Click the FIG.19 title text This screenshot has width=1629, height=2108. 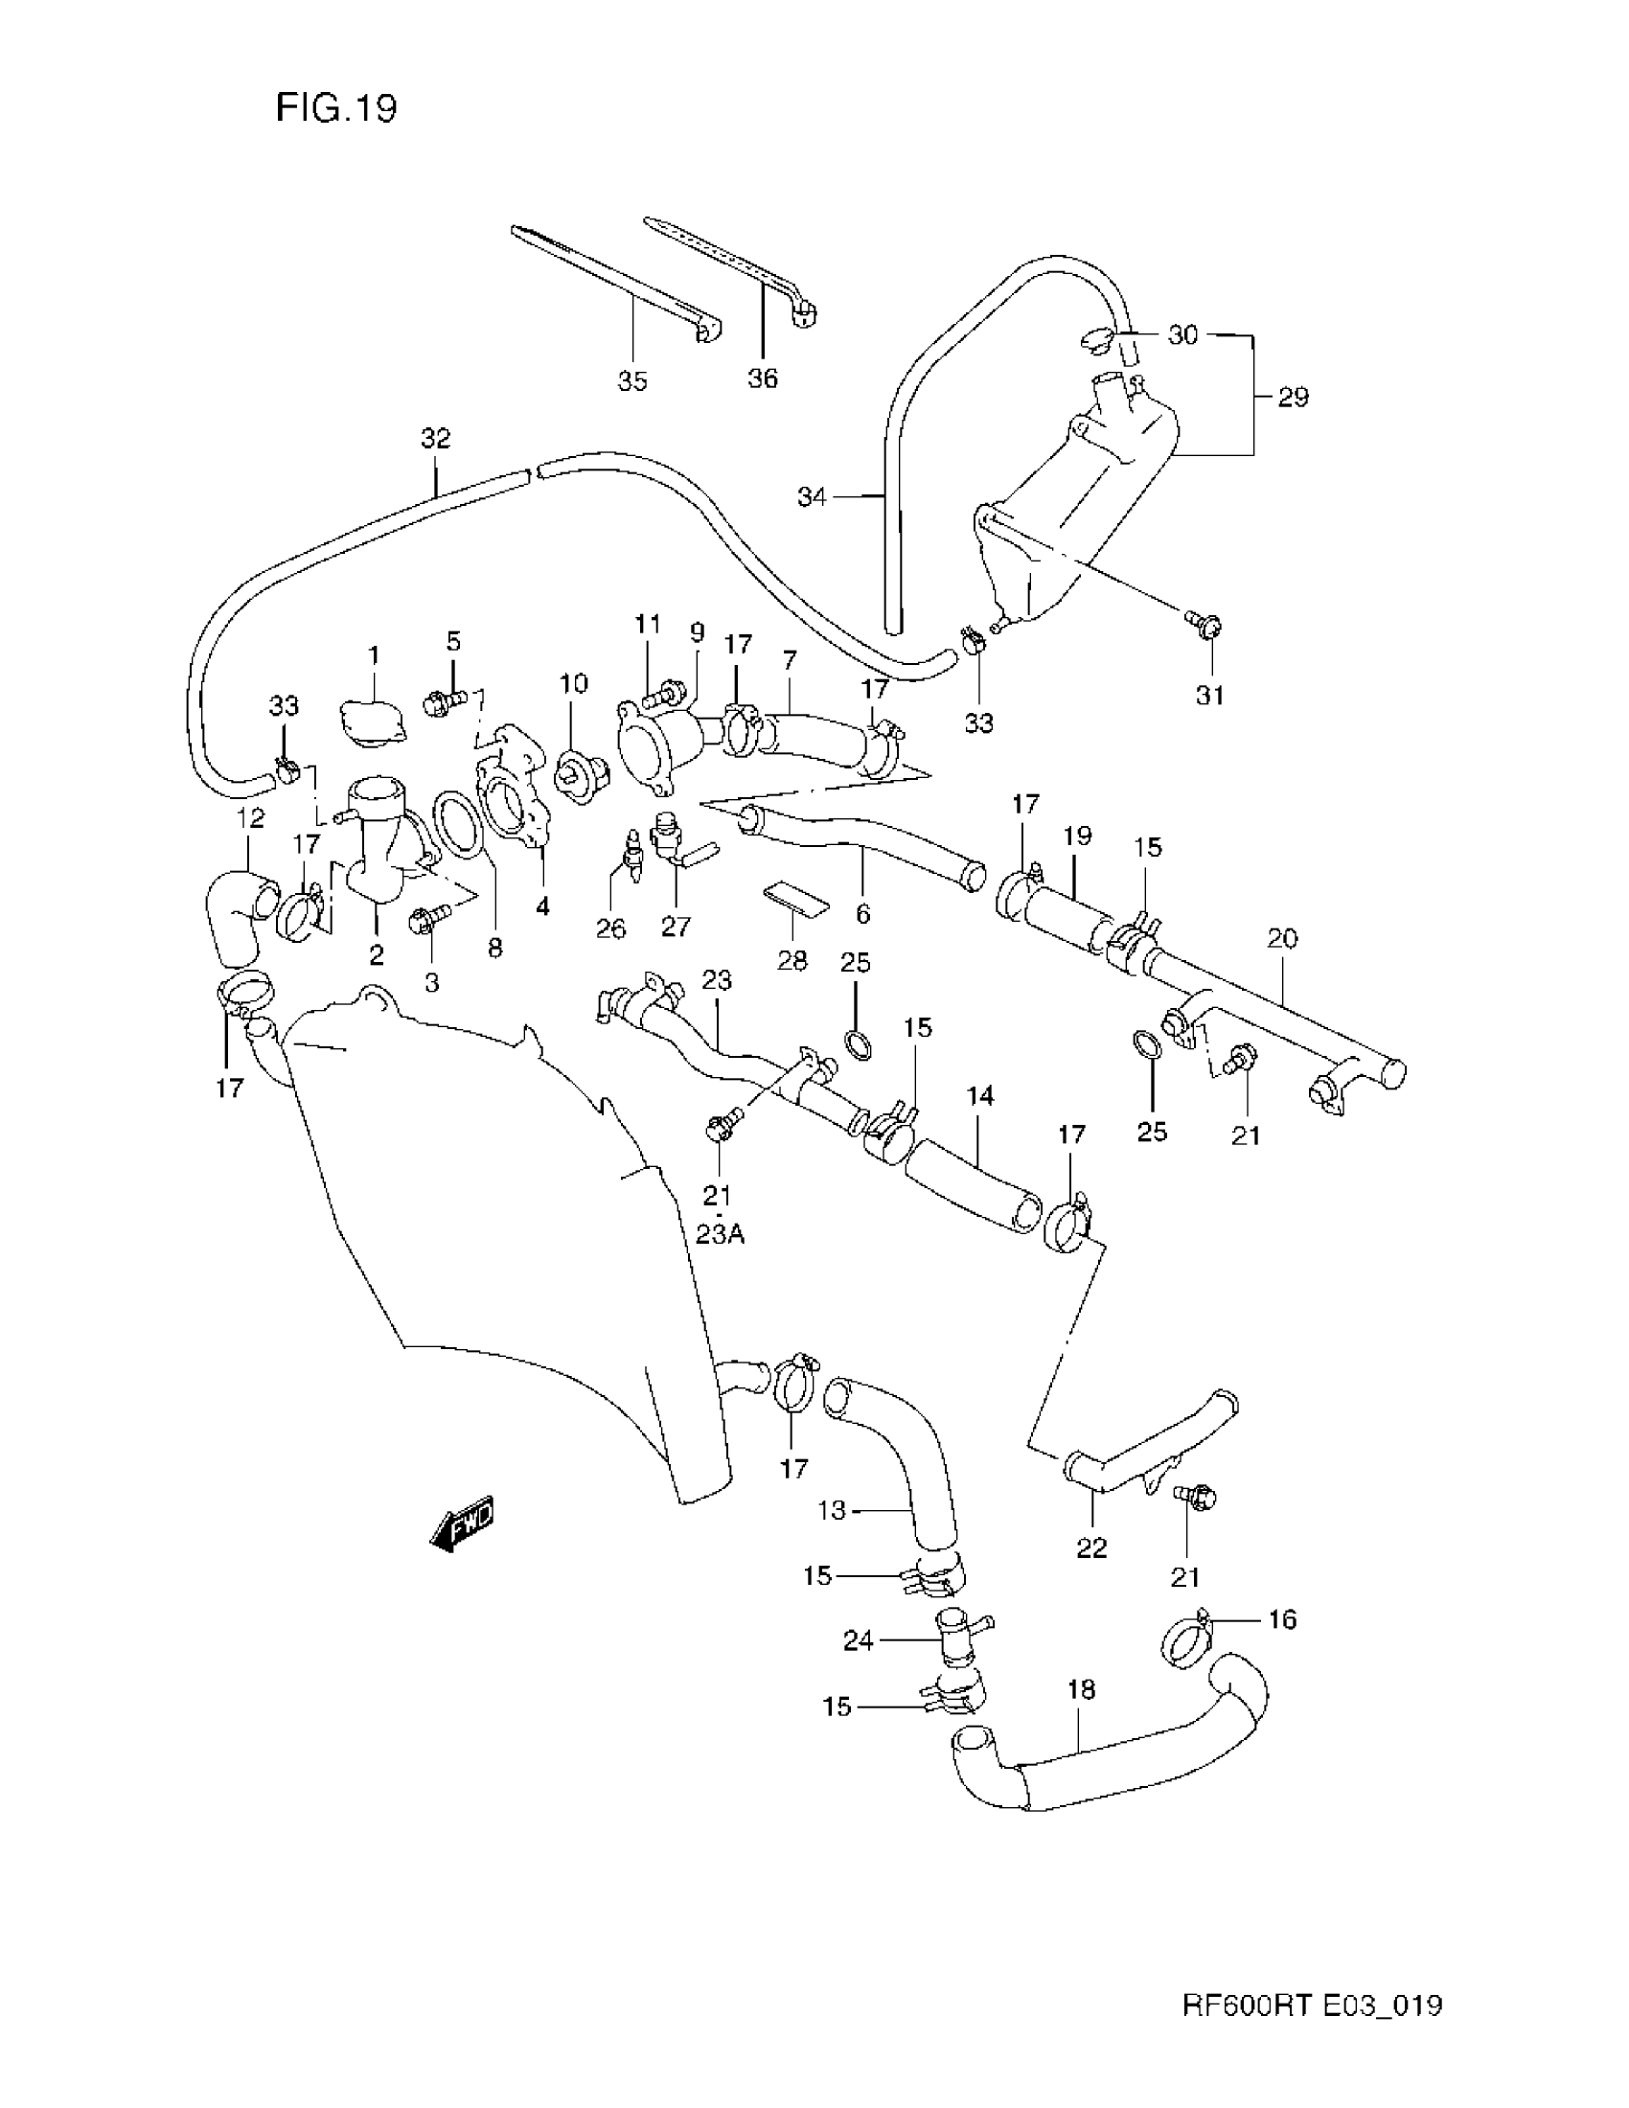[335, 108]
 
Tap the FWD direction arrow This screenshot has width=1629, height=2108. [461, 1524]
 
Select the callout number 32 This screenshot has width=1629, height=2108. [435, 439]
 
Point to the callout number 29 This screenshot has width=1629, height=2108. [1293, 397]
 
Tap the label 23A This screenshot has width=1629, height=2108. [719, 1234]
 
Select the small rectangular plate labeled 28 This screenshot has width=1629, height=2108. [795, 899]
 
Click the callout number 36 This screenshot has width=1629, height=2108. [762, 378]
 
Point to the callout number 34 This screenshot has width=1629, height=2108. [812, 497]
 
